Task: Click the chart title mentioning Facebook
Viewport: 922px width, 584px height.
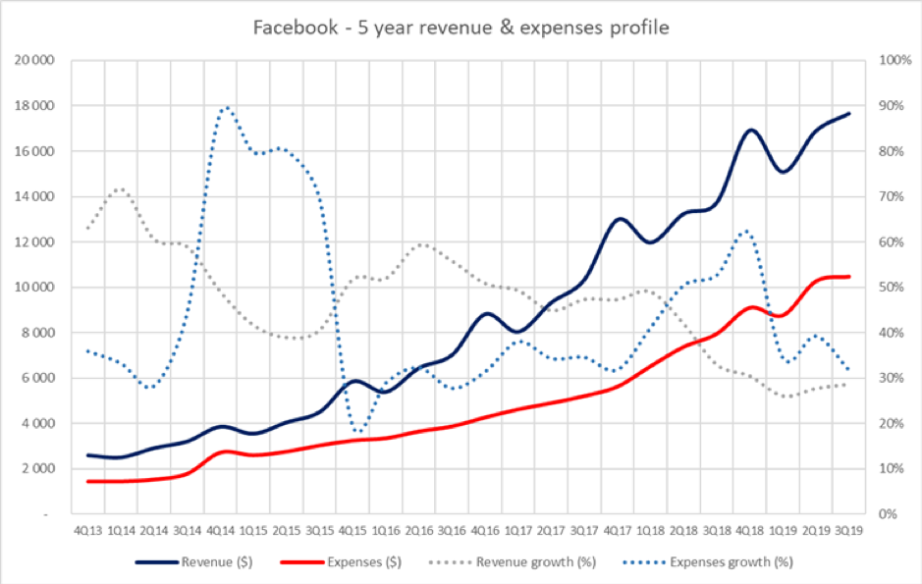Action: (461, 27)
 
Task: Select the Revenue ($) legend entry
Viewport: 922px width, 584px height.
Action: (213, 562)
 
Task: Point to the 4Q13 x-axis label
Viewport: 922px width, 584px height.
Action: (87, 532)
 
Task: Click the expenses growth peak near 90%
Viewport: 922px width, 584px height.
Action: (227, 107)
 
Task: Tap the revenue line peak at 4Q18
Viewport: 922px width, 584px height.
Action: (751, 130)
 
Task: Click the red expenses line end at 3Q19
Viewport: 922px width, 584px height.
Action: (849, 277)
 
